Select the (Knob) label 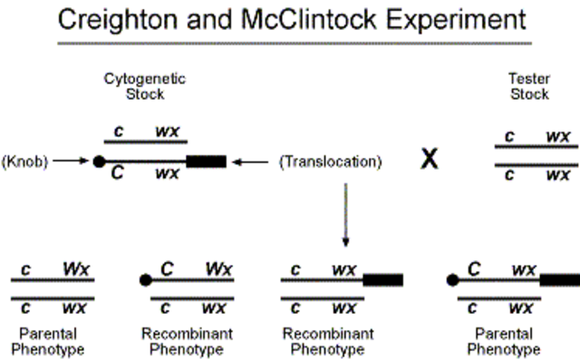tap(24, 161)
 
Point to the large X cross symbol tap(429, 160)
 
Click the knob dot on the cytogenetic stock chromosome tap(97, 161)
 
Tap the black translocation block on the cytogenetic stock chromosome tap(206, 161)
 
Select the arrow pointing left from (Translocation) tap(251, 161)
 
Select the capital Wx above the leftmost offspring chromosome tap(75, 269)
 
